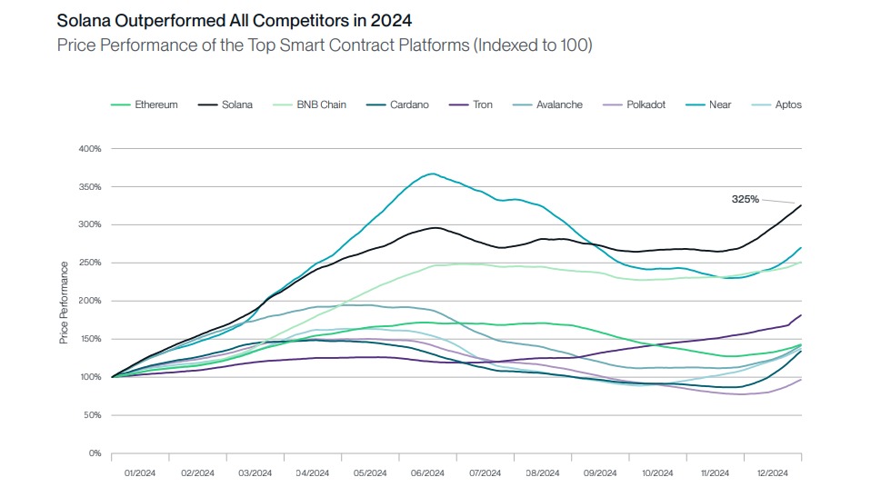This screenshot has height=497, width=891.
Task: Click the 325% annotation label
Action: click(746, 198)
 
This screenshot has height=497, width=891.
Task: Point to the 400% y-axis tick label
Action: click(90, 148)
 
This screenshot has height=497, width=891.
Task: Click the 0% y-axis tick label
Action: click(95, 452)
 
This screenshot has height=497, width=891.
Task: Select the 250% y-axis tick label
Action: click(90, 263)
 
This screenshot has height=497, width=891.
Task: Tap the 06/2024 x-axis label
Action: click(427, 472)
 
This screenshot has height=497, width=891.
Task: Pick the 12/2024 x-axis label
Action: click(773, 472)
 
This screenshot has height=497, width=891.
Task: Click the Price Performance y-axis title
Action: click(64, 302)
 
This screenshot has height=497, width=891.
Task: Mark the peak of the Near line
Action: click(432, 174)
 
